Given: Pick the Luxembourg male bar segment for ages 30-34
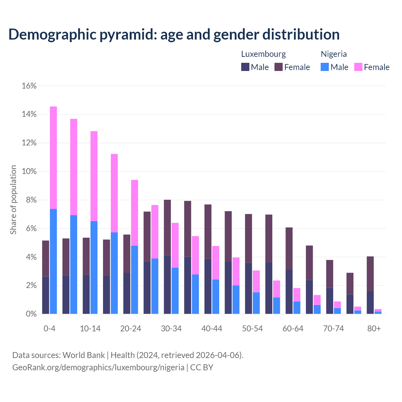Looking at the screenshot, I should [167, 285].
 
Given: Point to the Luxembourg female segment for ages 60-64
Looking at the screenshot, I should [289, 248].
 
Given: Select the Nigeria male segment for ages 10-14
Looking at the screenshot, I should [94, 267].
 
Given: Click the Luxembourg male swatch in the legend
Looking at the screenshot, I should [245, 67].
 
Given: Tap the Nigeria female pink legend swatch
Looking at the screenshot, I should [358, 67].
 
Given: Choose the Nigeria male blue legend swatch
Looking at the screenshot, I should [325, 67].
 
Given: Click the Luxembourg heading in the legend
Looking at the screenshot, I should [263, 54].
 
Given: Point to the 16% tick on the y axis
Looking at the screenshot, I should [29, 86].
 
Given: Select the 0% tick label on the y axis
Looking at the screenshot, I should [30, 314].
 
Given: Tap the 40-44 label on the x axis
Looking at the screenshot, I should [212, 329].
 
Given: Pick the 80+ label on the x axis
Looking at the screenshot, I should [374, 329].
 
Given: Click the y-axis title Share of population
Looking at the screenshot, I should [14, 200].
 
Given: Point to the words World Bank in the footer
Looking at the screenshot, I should [84, 355].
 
